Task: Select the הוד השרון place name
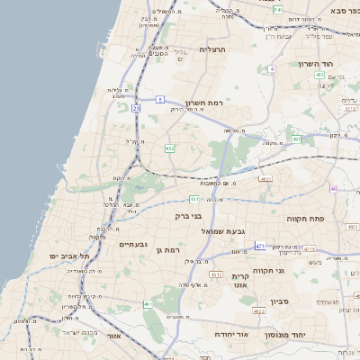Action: (x=315, y=65)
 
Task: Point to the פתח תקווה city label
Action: (x=304, y=219)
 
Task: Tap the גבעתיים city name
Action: (x=133, y=244)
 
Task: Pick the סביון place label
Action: (x=278, y=302)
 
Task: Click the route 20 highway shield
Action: (x=136, y=108)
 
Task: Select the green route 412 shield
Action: (x=169, y=148)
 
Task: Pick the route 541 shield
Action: (x=279, y=10)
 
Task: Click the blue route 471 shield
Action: (x=260, y=245)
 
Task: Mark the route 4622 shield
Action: (x=258, y=311)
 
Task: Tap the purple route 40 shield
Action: (x=333, y=188)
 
